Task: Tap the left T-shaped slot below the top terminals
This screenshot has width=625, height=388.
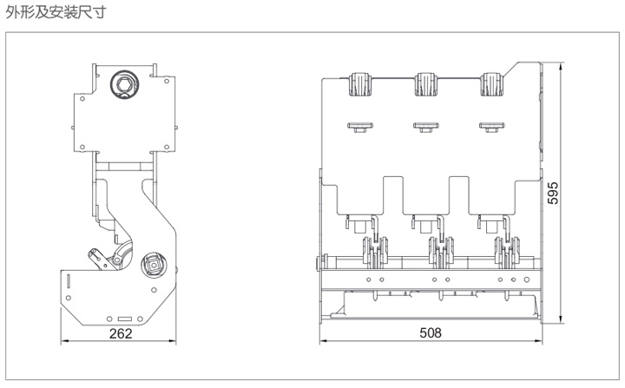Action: click(x=359, y=127)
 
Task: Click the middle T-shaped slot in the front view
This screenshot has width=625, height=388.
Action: click(x=424, y=127)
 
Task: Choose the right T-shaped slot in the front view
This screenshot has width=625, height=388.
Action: click(x=490, y=127)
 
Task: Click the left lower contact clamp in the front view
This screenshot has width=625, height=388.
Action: click(x=372, y=253)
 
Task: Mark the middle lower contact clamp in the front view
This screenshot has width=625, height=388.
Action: click(x=438, y=253)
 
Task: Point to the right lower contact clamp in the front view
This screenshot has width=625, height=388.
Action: click(x=504, y=253)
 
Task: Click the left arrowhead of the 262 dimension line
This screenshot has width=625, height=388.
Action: click(x=63, y=341)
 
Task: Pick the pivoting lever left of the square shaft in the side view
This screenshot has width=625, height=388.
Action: click(x=103, y=259)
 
